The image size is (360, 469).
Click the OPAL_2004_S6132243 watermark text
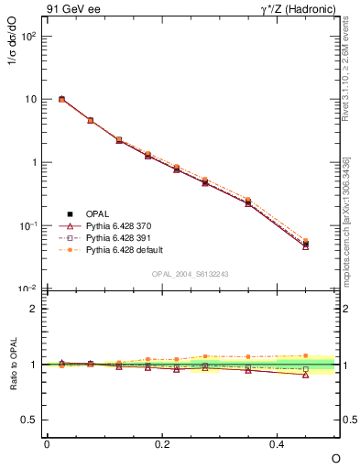pyautogui.click(x=191, y=274)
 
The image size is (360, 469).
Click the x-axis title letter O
pyautogui.click(x=335, y=457)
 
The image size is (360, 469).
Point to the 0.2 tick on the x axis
pyautogui.click(x=163, y=443)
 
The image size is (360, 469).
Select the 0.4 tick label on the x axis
pyautogui.click(x=278, y=443)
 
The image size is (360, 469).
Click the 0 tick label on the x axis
pyautogui.click(x=47, y=443)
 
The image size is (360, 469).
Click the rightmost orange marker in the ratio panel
pyautogui.click(x=305, y=355)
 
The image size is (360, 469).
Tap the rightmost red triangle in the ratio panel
pyautogui.click(x=305, y=375)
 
